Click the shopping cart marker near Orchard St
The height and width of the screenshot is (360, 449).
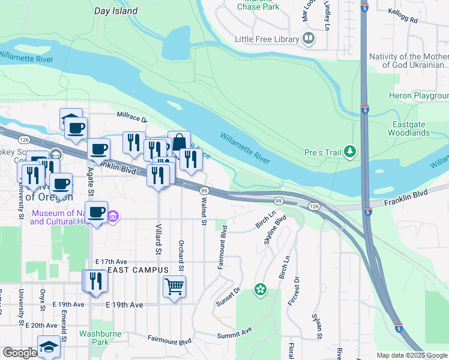174,287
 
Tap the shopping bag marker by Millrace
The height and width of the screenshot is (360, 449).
179,143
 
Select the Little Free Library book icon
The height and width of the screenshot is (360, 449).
309,39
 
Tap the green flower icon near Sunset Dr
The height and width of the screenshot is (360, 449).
260,290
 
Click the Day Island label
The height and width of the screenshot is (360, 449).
116,11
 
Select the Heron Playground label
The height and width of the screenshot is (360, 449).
419,96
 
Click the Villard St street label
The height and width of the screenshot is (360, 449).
159,239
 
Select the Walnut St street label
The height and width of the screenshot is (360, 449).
203,214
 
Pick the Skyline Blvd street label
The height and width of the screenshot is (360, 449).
275,230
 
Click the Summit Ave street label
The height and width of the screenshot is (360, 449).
234,331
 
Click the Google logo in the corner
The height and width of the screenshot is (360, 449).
19,353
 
